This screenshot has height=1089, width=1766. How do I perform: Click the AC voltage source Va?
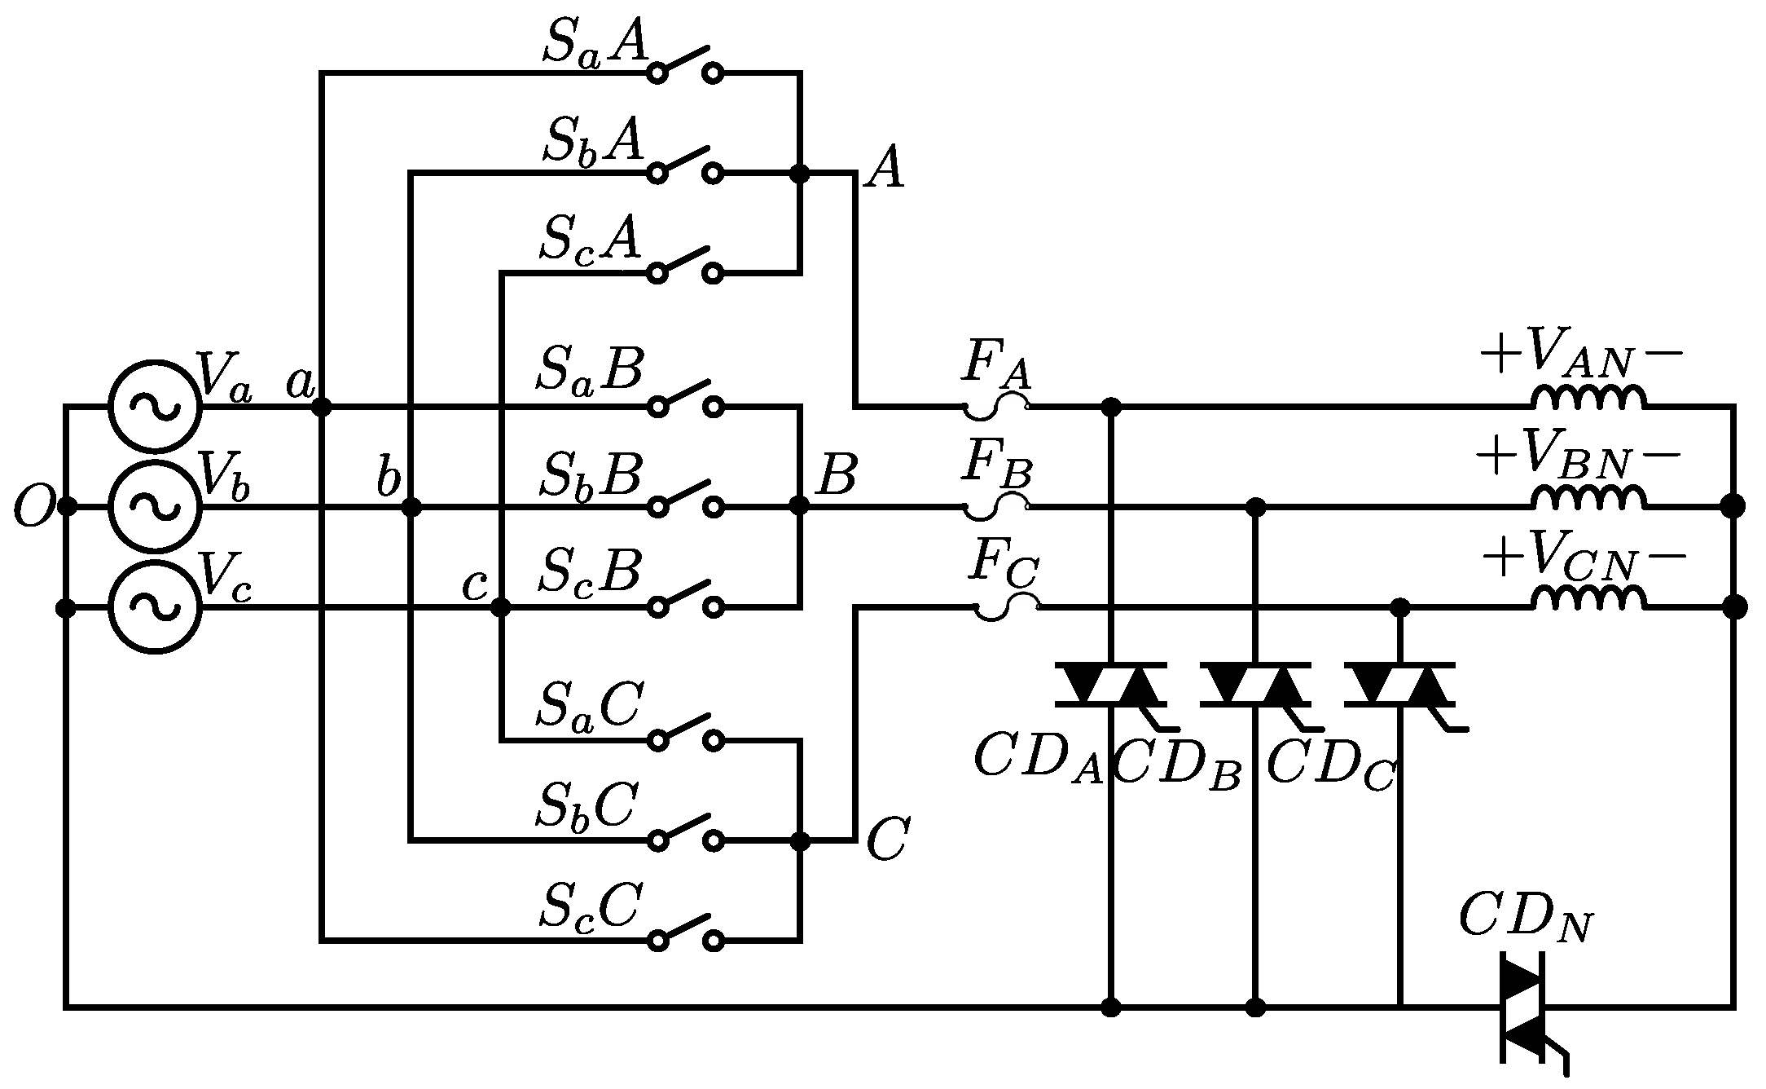(155, 406)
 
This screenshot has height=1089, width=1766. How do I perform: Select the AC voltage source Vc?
(155, 607)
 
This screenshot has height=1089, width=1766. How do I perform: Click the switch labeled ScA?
(685, 266)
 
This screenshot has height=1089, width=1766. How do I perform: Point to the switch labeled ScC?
(685, 934)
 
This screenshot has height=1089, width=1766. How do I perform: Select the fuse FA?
(996, 406)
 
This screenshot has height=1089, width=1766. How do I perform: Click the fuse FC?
(1008, 607)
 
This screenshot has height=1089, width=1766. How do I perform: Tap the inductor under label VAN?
(1588, 398)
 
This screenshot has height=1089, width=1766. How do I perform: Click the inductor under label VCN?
(1588, 599)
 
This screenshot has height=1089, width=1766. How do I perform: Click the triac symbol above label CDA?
(1110, 685)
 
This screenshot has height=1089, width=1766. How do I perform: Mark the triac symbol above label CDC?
(1399, 685)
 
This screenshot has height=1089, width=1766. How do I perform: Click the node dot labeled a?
(322, 406)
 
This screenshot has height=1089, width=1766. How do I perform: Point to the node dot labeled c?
(501, 607)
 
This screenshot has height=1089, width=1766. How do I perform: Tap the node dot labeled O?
(67, 507)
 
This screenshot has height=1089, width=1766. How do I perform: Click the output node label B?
(836, 476)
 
